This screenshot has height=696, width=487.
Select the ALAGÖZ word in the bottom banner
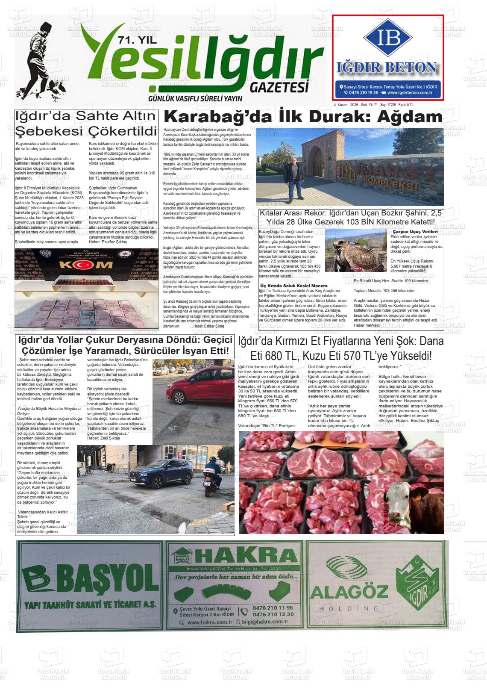pos(349,591)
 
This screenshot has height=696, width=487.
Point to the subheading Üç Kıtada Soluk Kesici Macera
pos(294,286)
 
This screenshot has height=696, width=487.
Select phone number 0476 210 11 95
pos(273,608)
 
